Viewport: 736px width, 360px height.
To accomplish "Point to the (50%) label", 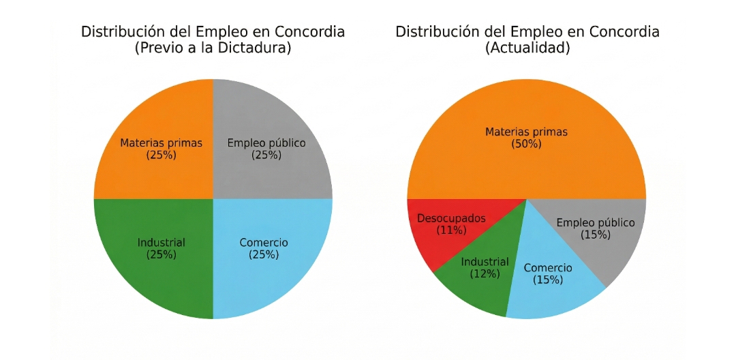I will coord(526,144).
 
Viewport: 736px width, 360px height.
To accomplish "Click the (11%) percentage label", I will coord(451,230).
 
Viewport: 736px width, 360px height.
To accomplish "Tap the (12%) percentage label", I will coord(485,274).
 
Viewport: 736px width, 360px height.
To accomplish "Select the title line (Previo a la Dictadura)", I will coord(213,48).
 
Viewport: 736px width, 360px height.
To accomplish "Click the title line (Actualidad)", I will coord(527,48).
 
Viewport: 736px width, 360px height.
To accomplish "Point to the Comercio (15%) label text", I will coord(548,273).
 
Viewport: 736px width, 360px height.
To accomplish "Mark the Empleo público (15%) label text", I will coord(596,228).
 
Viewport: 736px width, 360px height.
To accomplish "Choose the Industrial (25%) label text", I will coord(162,248).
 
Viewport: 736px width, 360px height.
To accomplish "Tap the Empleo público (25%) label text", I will coord(266,149).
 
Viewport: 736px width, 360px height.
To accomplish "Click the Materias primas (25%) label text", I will coord(162,149).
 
